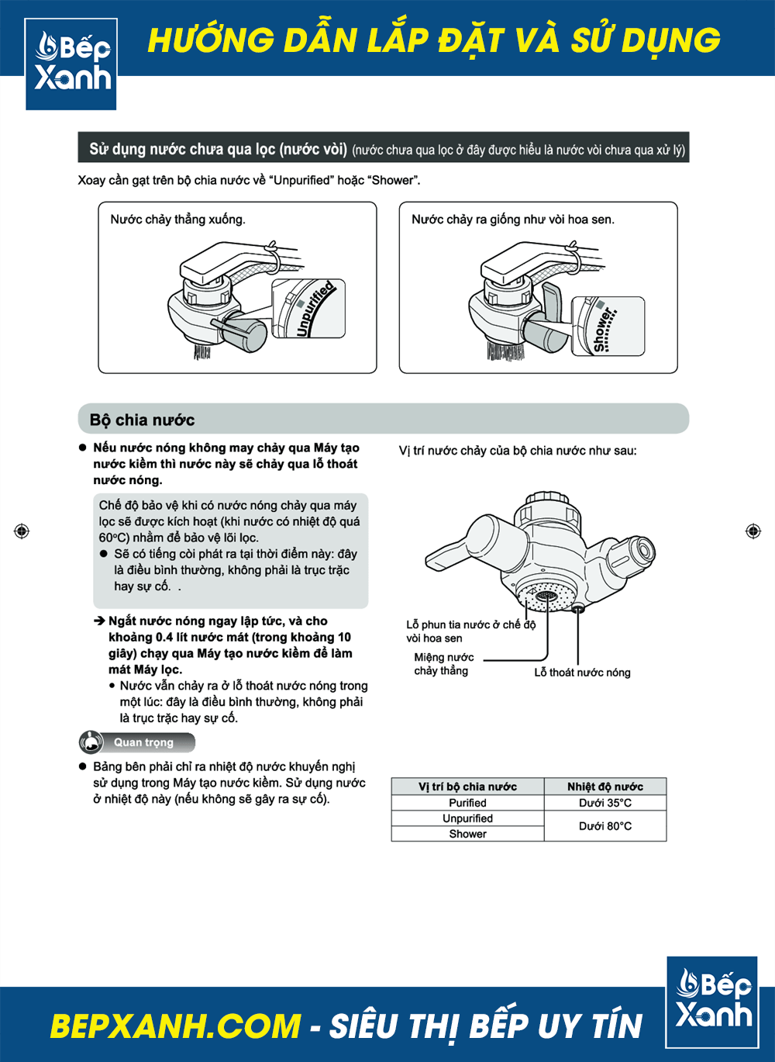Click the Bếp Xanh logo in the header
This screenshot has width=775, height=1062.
tap(71, 64)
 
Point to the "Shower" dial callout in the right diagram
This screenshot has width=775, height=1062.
tap(608, 327)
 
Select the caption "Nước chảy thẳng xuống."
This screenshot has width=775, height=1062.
tap(177, 220)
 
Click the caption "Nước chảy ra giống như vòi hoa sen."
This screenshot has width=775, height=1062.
tap(512, 220)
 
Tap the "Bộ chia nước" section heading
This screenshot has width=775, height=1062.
tap(142, 420)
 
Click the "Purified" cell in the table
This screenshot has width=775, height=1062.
tap(467, 803)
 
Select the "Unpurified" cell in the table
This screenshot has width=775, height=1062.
tap(467, 818)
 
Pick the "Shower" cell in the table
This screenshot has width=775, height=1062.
tap(467, 834)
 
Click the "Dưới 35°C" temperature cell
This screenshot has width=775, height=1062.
tap(605, 803)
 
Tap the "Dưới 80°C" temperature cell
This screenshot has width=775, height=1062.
tap(605, 826)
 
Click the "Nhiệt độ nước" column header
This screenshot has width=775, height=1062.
tap(605, 787)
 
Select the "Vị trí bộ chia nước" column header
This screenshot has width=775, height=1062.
tap(467, 787)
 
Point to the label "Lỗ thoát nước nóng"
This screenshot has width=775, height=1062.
tap(582, 673)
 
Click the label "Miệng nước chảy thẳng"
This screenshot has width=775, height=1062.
tap(443, 664)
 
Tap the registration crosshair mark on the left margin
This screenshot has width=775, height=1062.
tap(22, 531)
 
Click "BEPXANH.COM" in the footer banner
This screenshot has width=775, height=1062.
tap(175, 1026)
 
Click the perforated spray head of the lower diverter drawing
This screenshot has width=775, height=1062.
tap(546, 597)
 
